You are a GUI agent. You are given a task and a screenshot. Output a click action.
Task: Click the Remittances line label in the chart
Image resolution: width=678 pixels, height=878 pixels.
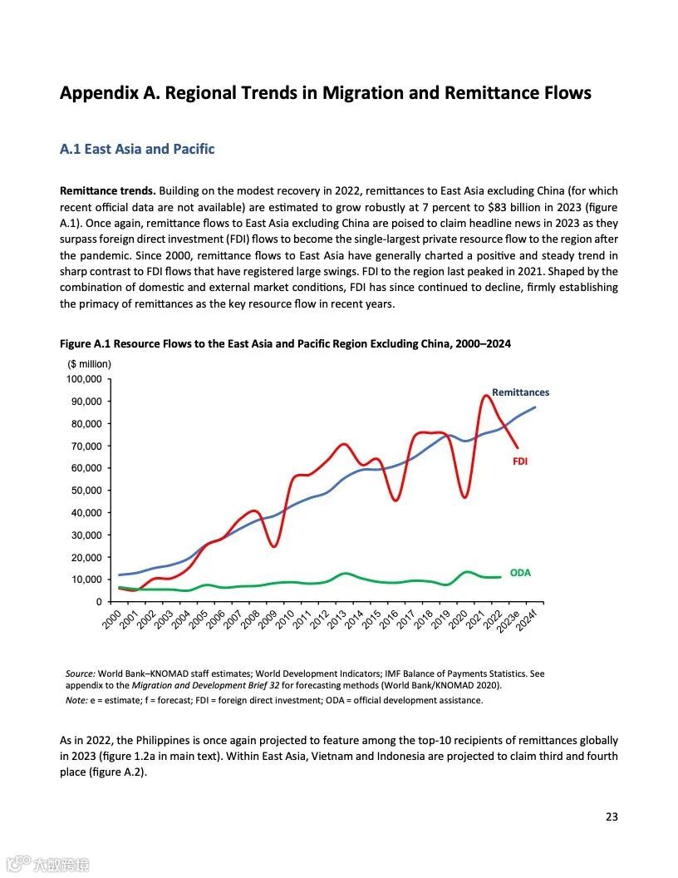[520, 392]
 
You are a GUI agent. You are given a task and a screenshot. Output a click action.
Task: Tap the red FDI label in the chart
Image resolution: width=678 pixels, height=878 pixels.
[521, 461]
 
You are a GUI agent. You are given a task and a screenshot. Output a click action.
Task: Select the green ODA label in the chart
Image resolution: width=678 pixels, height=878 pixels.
[520, 573]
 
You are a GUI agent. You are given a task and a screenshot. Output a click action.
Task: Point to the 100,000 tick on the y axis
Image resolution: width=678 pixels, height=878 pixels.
[83, 379]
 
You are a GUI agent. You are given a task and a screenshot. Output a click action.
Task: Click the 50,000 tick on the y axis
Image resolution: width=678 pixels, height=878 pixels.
[86, 491]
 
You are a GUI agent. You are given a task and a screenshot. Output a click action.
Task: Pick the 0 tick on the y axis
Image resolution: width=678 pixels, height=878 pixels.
[98, 601]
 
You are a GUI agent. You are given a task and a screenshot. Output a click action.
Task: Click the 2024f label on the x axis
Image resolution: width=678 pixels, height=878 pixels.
[527, 621]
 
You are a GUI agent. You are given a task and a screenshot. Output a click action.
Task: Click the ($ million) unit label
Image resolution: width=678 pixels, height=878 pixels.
[89, 363]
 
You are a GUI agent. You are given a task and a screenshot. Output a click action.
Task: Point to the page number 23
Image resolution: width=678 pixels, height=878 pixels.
[612, 816]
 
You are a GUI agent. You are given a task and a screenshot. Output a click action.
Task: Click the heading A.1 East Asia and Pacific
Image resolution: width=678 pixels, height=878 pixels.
[137, 150]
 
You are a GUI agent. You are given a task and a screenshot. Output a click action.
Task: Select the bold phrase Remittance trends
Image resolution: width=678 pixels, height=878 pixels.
[107, 191]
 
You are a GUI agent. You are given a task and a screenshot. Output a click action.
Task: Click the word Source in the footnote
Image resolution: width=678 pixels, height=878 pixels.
[81, 673]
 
